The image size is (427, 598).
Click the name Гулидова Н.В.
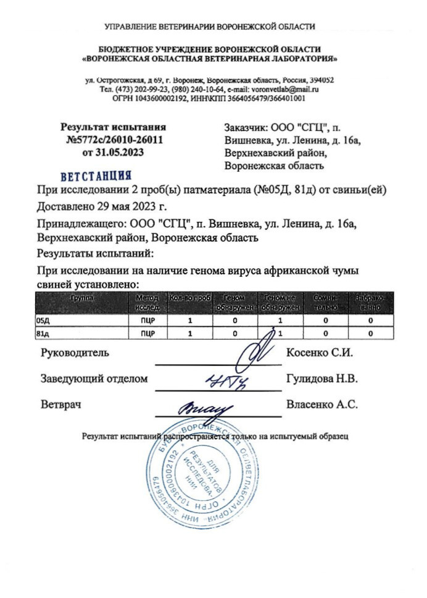pyautogui.click(x=322, y=379)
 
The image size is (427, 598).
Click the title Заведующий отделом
pyautogui.click(x=94, y=379)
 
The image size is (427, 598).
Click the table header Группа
pyautogui.click(x=82, y=297)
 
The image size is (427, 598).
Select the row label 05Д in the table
pyautogui.click(x=44, y=321)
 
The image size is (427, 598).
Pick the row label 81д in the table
pyautogui.click(x=44, y=334)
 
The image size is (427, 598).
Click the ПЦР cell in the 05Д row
pyautogui.click(x=147, y=321)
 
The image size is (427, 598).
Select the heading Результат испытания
pyautogui.click(x=113, y=127)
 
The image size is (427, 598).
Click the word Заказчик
pyautogui.click(x=246, y=128)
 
